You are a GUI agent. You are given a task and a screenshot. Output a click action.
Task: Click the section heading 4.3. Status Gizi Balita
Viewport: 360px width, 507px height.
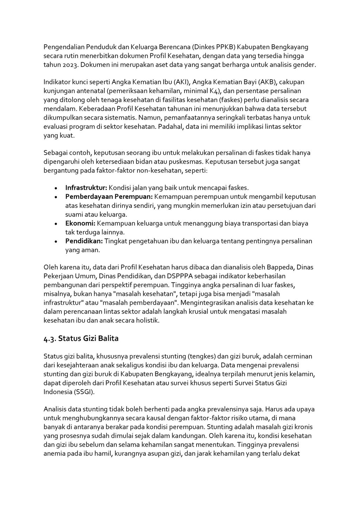pos(81,338)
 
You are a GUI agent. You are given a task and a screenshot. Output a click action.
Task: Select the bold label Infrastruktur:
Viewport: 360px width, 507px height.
pos(86,188)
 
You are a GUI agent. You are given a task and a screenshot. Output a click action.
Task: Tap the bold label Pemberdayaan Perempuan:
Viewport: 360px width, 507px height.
pos(109,196)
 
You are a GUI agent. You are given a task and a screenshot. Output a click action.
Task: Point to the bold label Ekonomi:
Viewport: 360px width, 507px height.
pos(81,223)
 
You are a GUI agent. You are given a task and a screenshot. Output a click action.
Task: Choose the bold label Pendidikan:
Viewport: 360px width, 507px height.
pos(84,241)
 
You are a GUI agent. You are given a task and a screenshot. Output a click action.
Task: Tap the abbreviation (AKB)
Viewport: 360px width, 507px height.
pos(269,82)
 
